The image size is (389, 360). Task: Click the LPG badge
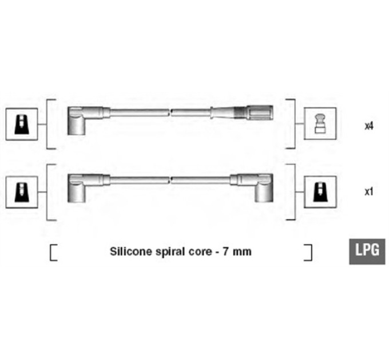(x=367, y=251)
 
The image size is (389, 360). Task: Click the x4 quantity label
(x=369, y=126)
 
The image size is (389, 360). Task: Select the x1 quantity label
(x=369, y=191)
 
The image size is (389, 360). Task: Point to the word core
(x=201, y=252)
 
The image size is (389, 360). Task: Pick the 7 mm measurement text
(x=237, y=252)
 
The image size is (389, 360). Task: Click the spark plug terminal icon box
(x=320, y=123)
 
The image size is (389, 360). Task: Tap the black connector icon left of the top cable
(x=22, y=124)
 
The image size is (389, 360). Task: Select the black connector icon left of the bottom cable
(x=22, y=192)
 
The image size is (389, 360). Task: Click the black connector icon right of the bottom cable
(x=320, y=192)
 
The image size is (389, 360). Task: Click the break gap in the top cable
(x=170, y=113)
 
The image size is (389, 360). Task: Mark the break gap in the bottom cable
(x=170, y=181)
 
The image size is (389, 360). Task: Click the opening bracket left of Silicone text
(x=53, y=253)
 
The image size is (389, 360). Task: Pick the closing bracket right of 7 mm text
(x=308, y=253)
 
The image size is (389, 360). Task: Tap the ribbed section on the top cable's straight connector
(x=240, y=113)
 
